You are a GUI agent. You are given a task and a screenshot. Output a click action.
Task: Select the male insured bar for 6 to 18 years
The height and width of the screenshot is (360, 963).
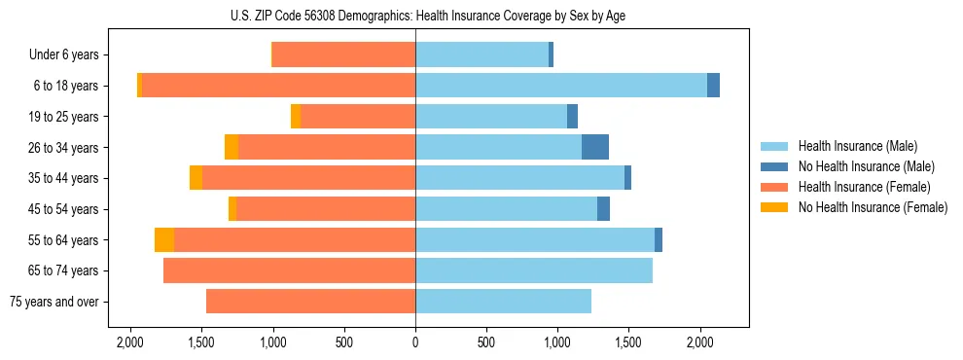tap(561, 86)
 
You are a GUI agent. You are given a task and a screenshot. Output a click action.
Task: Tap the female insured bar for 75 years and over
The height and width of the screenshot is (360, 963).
tap(310, 302)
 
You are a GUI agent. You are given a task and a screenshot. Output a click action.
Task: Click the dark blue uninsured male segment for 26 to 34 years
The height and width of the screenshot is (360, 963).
tap(595, 147)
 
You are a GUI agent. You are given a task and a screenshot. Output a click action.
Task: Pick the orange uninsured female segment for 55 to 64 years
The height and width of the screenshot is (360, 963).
tap(164, 239)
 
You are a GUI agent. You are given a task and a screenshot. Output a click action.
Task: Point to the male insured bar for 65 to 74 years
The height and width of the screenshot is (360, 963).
tap(534, 270)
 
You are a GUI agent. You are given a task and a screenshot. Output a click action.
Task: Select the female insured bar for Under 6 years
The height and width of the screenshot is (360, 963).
tap(344, 54)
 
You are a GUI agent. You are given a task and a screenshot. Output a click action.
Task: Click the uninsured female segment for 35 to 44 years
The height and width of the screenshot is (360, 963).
tap(196, 178)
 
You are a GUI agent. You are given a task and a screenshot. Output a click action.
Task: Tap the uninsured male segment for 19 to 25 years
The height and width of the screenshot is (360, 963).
tap(572, 117)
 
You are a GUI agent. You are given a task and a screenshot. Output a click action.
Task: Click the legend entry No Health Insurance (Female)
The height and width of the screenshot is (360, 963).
tap(873, 207)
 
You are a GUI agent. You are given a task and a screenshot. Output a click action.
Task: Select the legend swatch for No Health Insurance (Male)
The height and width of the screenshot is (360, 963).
tap(774, 166)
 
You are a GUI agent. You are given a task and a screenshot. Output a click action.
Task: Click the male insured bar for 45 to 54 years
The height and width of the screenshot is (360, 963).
tap(506, 209)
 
